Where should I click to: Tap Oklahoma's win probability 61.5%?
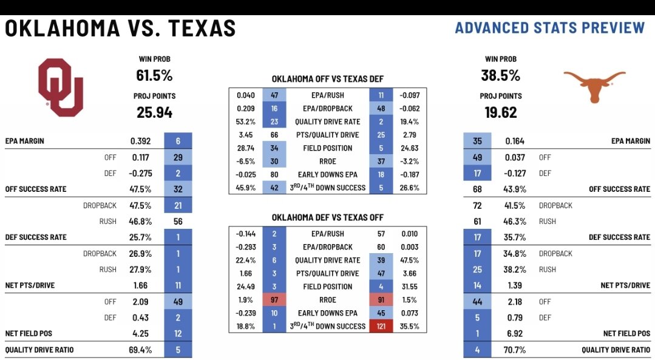pos(154,76)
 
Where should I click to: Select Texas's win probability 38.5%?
pos(501,76)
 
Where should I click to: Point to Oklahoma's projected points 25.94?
pos(154,112)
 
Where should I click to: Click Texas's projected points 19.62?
pos(501,112)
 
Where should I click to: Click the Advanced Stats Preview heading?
pos(549,28)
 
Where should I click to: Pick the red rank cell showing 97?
pos(274,299)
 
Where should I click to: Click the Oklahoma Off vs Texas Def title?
pos(327,80)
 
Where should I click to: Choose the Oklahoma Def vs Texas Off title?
pos(327,217)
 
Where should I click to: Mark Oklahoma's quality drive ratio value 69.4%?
pos(141,350)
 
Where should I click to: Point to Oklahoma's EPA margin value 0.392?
pos(141,141)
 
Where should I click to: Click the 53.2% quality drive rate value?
pos(245,121)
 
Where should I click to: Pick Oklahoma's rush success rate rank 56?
pos(178,222)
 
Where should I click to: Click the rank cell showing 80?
pos(274,174)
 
